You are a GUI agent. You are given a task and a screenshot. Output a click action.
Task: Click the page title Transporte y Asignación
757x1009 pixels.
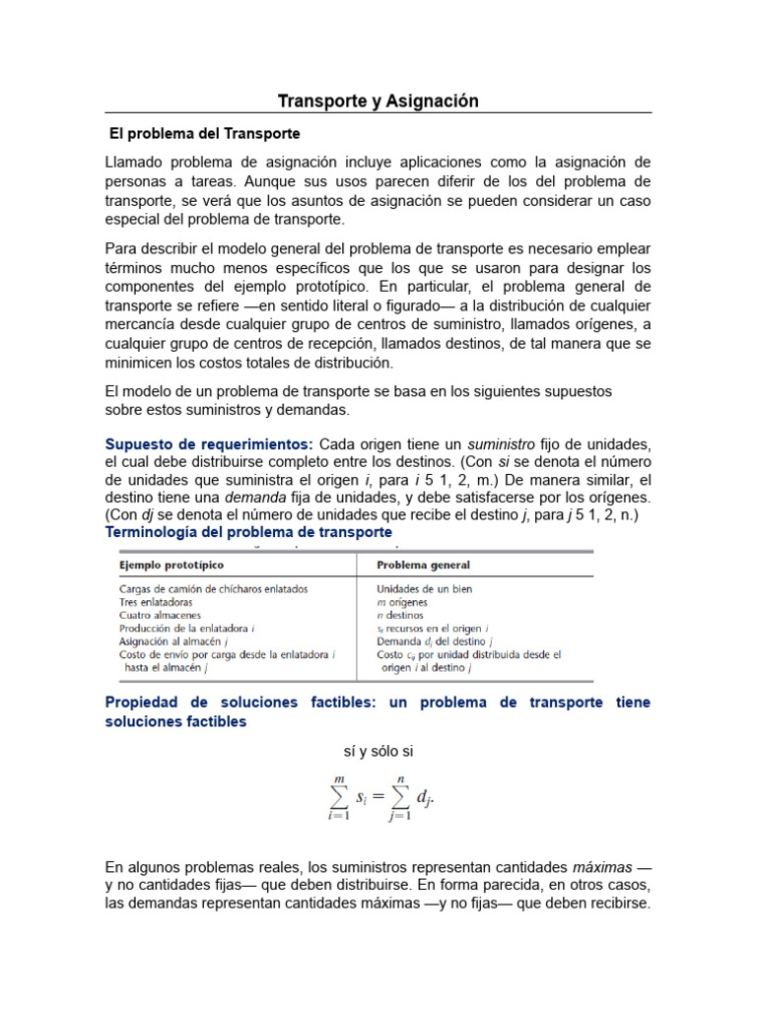pos(378,101)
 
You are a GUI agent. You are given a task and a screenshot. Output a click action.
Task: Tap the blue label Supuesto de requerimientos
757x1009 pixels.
pos(209,444)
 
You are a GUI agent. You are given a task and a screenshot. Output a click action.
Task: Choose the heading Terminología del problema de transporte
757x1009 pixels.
pos(248,532)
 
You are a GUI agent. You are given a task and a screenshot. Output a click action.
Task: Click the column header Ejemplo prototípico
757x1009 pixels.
pos(172,566)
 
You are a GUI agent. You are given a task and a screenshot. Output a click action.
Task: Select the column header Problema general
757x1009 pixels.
pos(424,566)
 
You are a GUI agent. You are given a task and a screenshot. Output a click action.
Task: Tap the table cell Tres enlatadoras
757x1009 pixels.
pos(156,602)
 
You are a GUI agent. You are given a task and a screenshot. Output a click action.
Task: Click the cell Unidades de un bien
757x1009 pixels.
pos(425,589)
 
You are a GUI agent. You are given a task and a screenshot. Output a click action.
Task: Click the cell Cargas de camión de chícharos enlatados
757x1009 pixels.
pos(214,589)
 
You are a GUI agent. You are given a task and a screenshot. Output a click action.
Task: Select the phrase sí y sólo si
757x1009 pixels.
pos(378,751)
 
